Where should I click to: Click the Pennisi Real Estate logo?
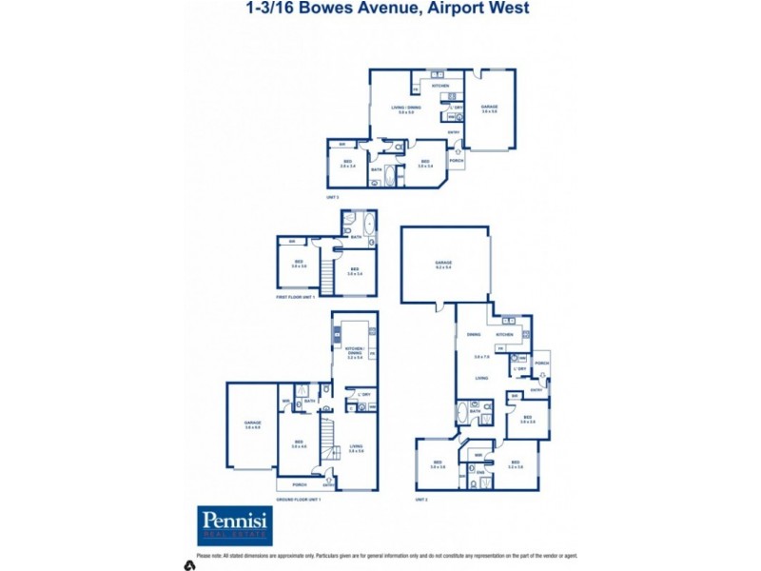click(235, 525)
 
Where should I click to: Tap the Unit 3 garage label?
click(489, 108)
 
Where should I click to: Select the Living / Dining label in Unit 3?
click(406, 108)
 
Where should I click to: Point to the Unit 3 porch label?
click(457, 161)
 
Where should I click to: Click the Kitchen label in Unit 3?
click(440, 86)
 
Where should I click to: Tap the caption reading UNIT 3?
click(332, 196)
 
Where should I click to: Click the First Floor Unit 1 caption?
click(294, 298)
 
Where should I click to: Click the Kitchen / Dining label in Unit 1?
click(356, 350)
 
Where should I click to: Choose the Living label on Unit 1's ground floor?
click(356, 445)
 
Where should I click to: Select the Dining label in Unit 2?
click(473, 335)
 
